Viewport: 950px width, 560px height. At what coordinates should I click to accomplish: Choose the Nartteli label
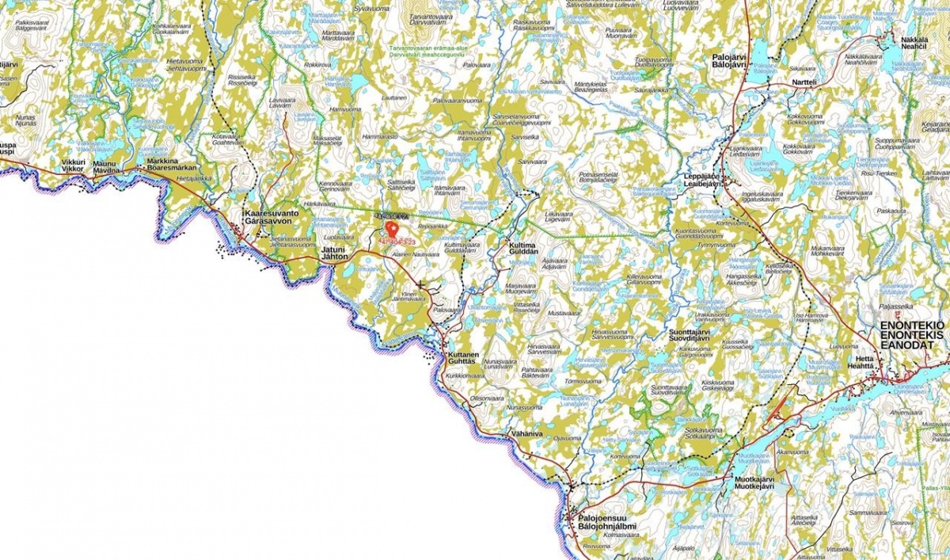coord(804,82)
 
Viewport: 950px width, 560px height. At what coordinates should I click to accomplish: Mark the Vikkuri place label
coord(73,162)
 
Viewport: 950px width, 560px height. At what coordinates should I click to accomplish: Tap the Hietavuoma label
coord(187,61)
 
